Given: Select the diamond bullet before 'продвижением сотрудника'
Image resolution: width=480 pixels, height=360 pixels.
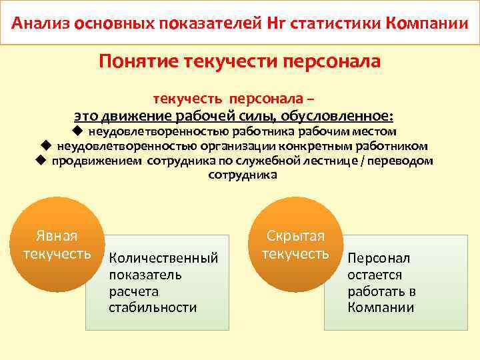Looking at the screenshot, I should click(x=41, y=160).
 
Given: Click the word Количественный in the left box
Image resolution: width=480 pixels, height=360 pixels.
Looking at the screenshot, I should click(x=163, y=257).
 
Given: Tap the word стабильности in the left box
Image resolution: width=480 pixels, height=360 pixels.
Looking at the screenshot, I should click(x=153, y=307).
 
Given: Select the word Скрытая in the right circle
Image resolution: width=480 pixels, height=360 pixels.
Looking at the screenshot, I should click(x=295, y=236).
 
